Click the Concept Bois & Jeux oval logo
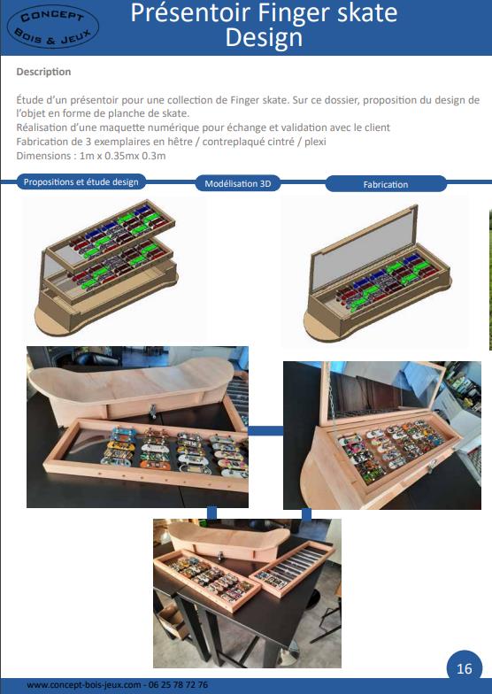pos(53,27)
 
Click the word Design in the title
pos(264,37)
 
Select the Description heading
pos(43,72)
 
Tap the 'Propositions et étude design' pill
pos(81,182)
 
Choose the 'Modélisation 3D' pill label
pos(237,183)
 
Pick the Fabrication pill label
pos(386,184)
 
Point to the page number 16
pos(464,667)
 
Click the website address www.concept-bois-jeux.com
pos(83,685)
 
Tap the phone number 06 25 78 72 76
pos(178,685)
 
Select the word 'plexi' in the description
pos(315,142)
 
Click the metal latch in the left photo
pos(153,410)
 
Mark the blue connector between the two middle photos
pos(265,430)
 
